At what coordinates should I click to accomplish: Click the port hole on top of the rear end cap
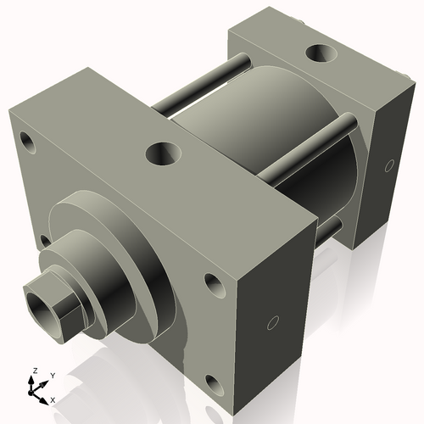pos(321,54)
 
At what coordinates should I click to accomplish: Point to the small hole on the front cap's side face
pos(273,323)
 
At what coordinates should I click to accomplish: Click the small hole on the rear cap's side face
pos(389,165)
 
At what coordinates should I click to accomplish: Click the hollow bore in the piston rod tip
pos(40,300)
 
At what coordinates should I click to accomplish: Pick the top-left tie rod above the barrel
pos(199,85)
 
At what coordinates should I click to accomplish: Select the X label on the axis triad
pos(53,399)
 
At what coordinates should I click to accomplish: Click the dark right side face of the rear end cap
pos(387,170)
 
